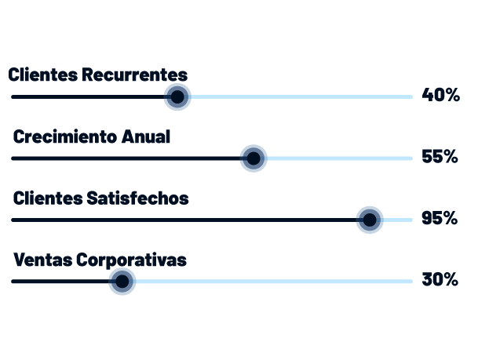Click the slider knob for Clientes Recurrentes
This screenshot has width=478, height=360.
(x=177, y=97)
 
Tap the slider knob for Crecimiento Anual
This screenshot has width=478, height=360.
(x=253, y=158)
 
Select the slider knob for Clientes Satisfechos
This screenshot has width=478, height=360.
(x=369, y=220)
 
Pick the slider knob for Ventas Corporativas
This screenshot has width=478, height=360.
(x=122, y=281)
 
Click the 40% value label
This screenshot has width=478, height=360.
(x=440, y=96)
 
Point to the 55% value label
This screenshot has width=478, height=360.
(x=440, y=157)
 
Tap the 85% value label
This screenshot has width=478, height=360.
(x=440, y=219)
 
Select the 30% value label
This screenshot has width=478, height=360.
(x=440, y=280)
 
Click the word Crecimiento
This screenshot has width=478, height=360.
(x=66, y=136)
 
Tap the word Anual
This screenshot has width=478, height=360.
(x=147, y=136)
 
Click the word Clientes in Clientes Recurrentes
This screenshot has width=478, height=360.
(x=43, y=75)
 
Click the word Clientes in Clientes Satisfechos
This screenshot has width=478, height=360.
(x=48, y=198)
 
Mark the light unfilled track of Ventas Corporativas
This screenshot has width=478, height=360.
(x=275, y=281)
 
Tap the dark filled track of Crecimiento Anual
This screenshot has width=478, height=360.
(x=126, y=158)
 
